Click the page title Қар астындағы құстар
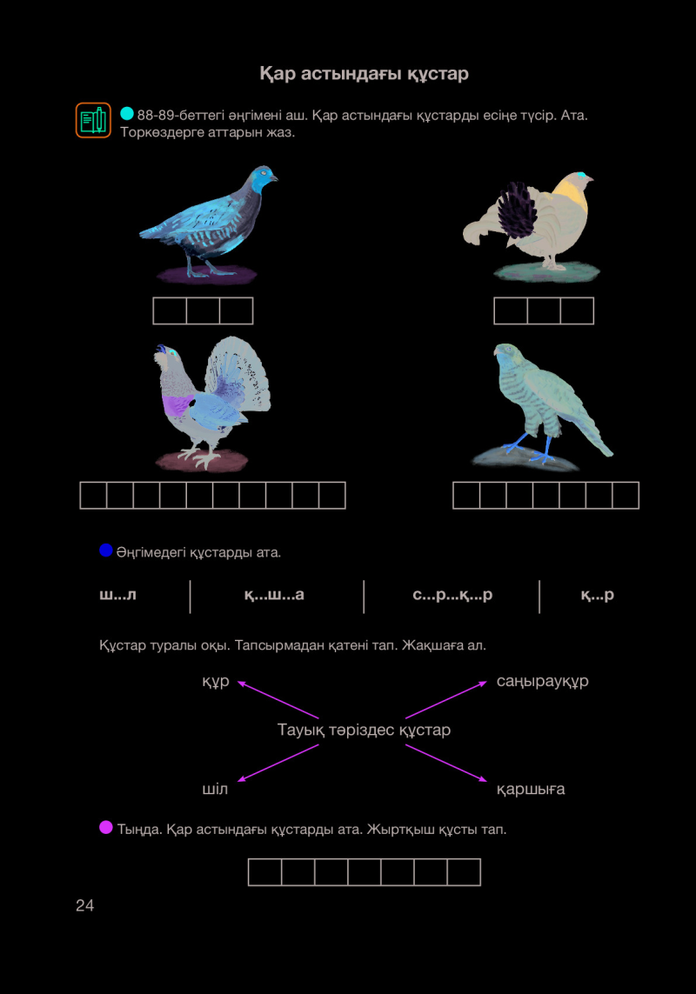(x=365, y=74)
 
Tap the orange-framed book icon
(x=93, y=120)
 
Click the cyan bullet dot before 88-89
(x=127, y=113)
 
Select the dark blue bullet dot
(x=106, y=550)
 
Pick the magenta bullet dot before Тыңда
(x=106, y=827)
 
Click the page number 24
(x=84, y=905)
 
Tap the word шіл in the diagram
(x=214, y=790)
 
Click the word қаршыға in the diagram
(x=531, y=790)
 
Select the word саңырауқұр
(x=543, y=681)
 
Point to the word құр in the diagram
(x=216, y=682)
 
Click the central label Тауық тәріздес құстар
(x=364, y=730)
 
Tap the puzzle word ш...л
(x=117, y=595)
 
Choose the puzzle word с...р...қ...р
(x=452, y=595)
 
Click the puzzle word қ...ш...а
(x=274, y=595)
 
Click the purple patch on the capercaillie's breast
(x=177, y=404)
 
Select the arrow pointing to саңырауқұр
(x=446, y=700)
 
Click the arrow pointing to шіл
(x=278, y=764)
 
